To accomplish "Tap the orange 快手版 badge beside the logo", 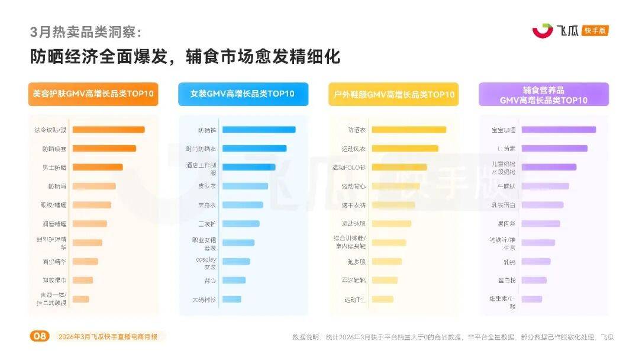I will tap(595, 31).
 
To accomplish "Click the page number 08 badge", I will tap(40, 336).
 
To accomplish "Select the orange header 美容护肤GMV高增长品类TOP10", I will tap(93, 94).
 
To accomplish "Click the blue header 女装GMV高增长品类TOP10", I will tap(243, 94).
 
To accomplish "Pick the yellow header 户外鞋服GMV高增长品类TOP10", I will tap(393, 94).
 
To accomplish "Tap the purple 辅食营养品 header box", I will tap(543, 94).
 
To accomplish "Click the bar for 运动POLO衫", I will tap(399, 167).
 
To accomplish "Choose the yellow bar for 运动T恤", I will tap(382, 299).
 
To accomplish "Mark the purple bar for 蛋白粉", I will tap(533, 280).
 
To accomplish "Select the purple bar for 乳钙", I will tap(535, 261).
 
